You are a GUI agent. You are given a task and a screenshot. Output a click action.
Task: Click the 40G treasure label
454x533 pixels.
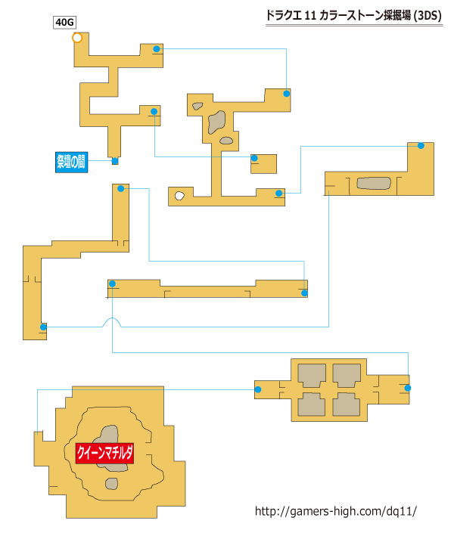(x=64, y=23)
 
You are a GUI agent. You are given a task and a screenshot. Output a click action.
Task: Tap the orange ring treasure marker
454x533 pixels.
(x=77, y=38)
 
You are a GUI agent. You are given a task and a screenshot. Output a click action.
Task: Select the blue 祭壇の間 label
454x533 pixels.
(x=71, y=162)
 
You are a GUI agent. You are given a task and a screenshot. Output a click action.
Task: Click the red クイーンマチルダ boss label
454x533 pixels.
(x=104, y=453)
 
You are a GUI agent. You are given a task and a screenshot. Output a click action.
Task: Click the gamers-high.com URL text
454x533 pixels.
(x=335, y=511)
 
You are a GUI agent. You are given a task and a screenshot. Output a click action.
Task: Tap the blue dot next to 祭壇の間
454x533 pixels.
(x=115, y=161)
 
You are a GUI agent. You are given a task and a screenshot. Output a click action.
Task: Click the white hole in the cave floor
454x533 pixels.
(x=179, y=196)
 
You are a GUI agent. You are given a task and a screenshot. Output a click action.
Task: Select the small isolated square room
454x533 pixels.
(x=264, y=164)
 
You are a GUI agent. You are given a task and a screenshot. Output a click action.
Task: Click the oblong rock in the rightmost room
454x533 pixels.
(x=374, y=183)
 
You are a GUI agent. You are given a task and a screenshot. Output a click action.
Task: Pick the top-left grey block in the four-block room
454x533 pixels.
(x=312, y=375)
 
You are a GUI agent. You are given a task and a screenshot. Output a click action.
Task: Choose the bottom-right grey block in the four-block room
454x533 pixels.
(x=346, y=404)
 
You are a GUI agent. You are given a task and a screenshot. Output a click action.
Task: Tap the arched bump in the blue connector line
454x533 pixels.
(x=112, y=321)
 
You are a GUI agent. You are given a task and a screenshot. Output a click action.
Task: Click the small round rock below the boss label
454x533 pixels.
(x=112, y=483)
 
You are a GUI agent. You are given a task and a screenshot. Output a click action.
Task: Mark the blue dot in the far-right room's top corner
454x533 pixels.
(x=421, y=146)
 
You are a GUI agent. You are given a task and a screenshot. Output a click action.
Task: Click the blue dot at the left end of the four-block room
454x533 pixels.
(x=258, y=389)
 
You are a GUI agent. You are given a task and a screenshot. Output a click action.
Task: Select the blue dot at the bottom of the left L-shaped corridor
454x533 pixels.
(x=43, y=327)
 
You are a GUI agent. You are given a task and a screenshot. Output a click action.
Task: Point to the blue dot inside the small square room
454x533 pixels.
(x=254, y=158)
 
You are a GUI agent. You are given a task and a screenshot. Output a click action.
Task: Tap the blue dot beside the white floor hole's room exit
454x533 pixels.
(x=278, y=194)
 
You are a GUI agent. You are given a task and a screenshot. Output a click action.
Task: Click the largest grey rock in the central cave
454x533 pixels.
(x=217, y=122)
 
